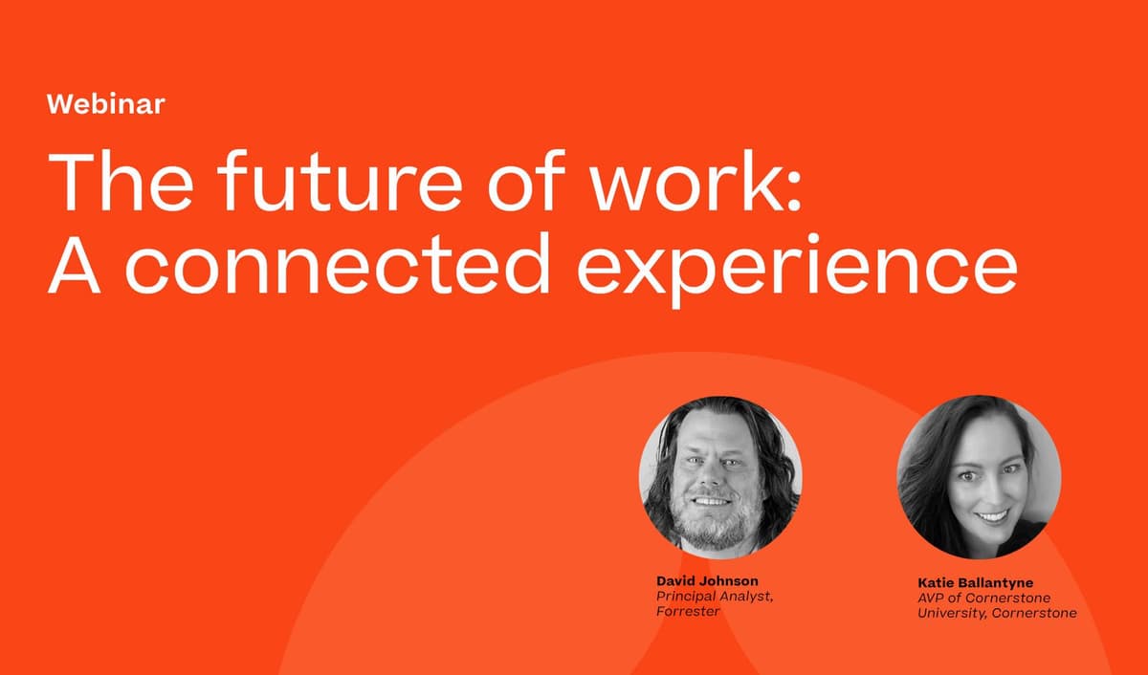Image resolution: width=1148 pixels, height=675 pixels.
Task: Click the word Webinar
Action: [105, 104]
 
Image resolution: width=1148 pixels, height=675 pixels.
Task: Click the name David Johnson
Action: [706, 580]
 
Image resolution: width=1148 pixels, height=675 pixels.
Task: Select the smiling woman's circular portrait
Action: [979, 476]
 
